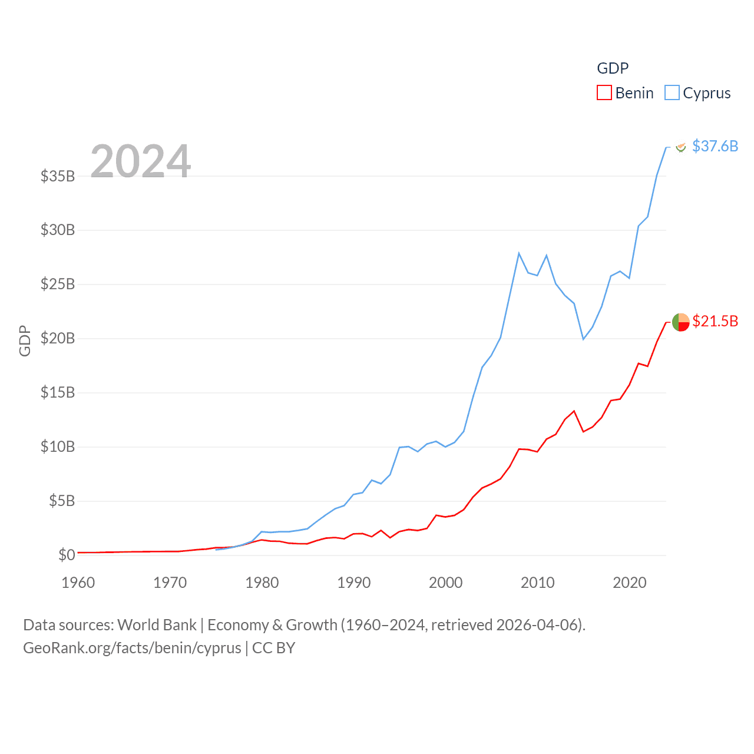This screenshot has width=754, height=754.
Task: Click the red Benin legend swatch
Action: (604, 93)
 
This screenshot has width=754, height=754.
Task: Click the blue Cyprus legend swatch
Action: (672, 93)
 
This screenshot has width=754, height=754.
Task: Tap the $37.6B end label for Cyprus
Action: (715, 146)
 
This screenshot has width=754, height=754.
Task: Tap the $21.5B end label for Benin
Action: (715, 321)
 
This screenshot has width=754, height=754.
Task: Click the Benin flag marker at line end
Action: (680, 322)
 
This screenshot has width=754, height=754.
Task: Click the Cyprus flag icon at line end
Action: (680, 147)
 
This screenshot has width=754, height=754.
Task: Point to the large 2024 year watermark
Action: (141, 161)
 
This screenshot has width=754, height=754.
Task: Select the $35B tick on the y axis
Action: (58, 176)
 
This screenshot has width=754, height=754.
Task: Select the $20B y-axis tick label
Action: (58, 338)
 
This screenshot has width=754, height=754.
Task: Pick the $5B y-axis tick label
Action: (62, 501)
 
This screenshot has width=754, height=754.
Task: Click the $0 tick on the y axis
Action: (67, 555)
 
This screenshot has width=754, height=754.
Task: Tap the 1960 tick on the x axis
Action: (78, 583)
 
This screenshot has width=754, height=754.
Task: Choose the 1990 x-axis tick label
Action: (354, 583)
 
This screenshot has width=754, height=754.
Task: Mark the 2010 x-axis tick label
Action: (538, 583)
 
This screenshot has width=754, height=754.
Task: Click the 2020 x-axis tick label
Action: (630, 583)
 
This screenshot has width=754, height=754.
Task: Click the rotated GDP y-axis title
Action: (25, 340)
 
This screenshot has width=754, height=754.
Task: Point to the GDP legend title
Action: (613, 68)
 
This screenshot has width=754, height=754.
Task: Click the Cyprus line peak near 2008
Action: (519, 253)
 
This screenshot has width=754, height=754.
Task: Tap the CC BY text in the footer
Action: (273, 648)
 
